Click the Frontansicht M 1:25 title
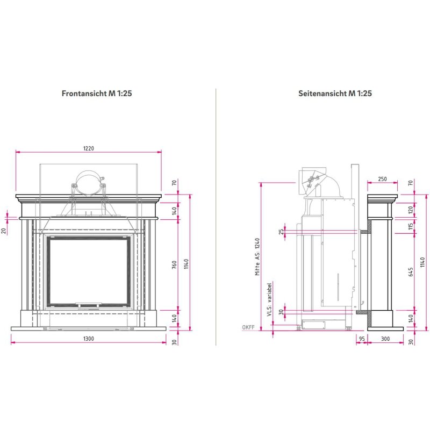pyautogui.click(x=97, y=93)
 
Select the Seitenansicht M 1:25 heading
pyautogui.click(x=335, y=93)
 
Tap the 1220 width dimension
pyautogui.click(x=89, y=149)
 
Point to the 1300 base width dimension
pyautogui.click(x=89, y=339)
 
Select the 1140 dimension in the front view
pyautogui.click(x=186, y=263)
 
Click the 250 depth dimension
pyautogui.click(x=382, y=179)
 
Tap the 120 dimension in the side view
pyautogui.click(x=411, y=209)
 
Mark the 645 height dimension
pyautogui.click(x=411, y=271)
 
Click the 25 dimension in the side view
pyautogui.click(x=281, y=232)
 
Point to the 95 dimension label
pyautogui.click(x=362, y=339)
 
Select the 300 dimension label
pyautogui.click(x=385, y=339)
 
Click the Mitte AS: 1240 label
pyautogui.click(x=257, y=257)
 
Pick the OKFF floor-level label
pyautogui.click(x=249, y=327)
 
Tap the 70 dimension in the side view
pyautogui.click(x=411, y=183)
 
